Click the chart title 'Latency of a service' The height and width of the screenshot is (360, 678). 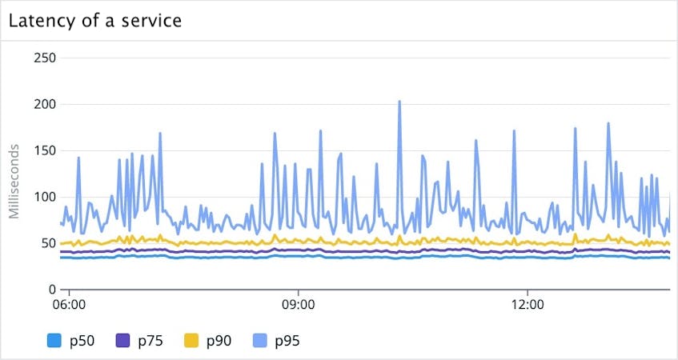pos(95,20)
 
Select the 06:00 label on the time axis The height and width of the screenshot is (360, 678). pos(70,305)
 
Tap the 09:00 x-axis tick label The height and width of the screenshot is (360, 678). pos(298,305)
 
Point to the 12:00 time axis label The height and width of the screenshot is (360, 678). pos(526,305)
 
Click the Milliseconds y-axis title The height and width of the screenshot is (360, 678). pos(14,181)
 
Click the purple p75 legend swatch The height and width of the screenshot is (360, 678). pos(122,341)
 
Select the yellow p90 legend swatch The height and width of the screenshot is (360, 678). pos(191,341)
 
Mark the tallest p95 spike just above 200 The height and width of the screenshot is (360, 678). pos(399,102)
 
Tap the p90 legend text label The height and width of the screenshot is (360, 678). pos(219,341)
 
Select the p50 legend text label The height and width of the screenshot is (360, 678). pos(81,341)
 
